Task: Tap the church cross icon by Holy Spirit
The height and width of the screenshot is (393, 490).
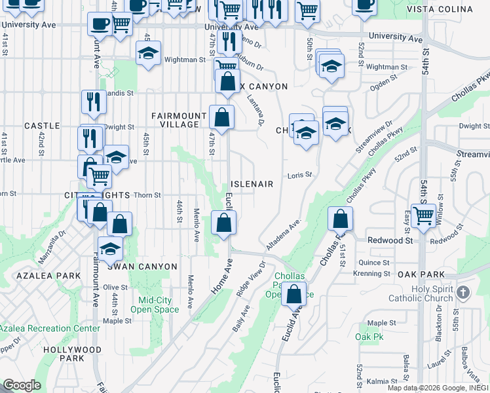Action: coord(464,292)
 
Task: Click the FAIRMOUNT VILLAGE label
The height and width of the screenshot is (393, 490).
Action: coord(175,120)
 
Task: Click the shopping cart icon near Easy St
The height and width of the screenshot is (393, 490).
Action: coord(423,214)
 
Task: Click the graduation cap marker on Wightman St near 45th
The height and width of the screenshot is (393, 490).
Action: coord(149,54)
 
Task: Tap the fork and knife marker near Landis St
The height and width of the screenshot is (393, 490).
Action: coord(94,102)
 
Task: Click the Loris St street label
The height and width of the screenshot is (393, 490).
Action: coord(299,176)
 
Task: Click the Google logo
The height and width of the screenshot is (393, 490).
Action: coord(21,386)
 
